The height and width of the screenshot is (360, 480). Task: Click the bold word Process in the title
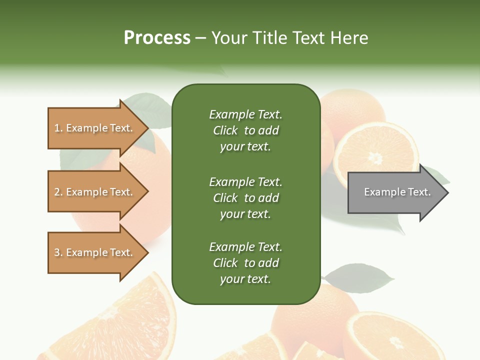tap(157, 38)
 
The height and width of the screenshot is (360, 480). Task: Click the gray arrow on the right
tap(395, 192)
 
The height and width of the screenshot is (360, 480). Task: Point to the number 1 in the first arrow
tap(57, 128)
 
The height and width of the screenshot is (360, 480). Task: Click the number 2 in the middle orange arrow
tap(57, 192)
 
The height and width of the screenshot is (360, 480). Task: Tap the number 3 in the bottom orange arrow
tap(57, 252)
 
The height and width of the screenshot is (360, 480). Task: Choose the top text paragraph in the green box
tap(245, 130)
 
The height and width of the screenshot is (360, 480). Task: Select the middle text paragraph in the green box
tap(245, 198)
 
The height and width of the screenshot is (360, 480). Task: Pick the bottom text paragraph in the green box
tap(245, 263)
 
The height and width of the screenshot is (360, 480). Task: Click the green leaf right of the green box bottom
tap(358, 277)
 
